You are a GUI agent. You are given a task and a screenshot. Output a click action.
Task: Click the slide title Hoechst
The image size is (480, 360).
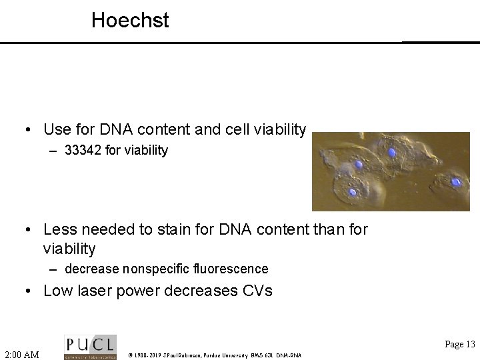tap(130, 21)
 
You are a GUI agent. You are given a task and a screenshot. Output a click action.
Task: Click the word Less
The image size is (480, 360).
tap(60, 230)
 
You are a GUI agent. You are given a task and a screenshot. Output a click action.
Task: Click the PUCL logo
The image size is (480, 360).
tap(90, 347)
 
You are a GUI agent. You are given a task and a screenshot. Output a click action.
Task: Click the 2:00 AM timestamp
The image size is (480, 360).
tap(22, 353)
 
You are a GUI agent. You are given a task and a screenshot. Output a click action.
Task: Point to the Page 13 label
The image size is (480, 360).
tap(459, 344)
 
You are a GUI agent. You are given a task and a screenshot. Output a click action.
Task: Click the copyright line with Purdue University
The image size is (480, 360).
tap(215, 355)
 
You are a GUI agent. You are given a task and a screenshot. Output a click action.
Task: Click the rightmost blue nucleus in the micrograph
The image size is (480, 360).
tap(457, 181)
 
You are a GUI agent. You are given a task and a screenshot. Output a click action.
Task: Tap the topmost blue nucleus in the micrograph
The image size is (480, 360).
tap(392, 153)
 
